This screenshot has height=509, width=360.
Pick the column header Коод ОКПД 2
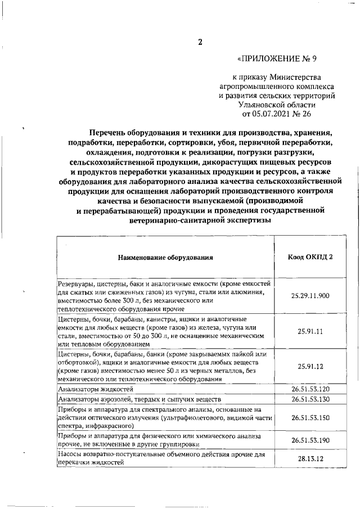(x=310, y=256)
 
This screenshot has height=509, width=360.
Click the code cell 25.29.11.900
(x=310, y=295)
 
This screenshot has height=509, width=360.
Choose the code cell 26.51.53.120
(x=310, y=389)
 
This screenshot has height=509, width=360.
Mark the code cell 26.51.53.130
(x=310, y=399)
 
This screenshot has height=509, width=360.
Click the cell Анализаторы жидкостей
(x=96, y=389)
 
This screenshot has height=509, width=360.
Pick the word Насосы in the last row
(x=71, y=454)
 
